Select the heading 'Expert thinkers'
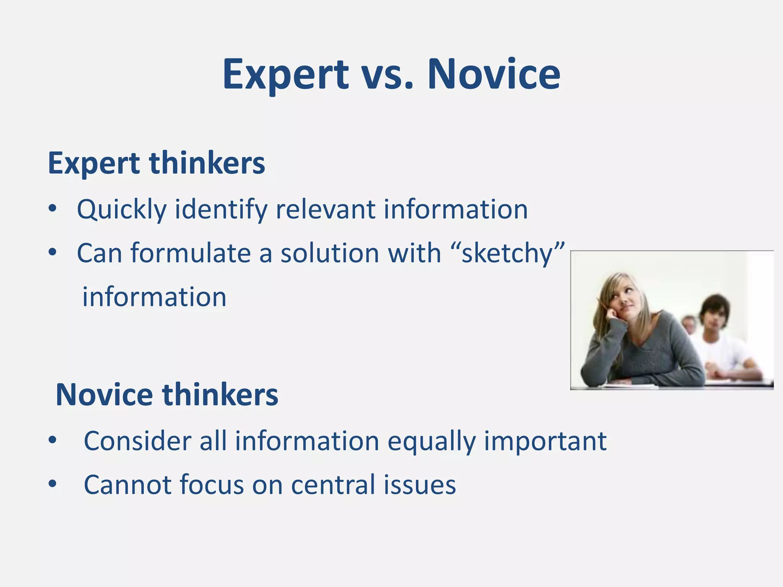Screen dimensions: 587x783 pyautogui.click(x=156, y=163)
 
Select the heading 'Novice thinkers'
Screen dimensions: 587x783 pyautogui.click(x=167, y=395)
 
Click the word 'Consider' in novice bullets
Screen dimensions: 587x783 pyautogui.click(x=137, y=441)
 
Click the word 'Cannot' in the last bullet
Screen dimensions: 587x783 pyautogui.click(x=127, y=485)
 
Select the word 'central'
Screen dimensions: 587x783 pyautogui.click(x=333, y=485)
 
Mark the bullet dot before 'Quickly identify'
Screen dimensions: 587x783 pyautogui.click(x=52, y=209)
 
